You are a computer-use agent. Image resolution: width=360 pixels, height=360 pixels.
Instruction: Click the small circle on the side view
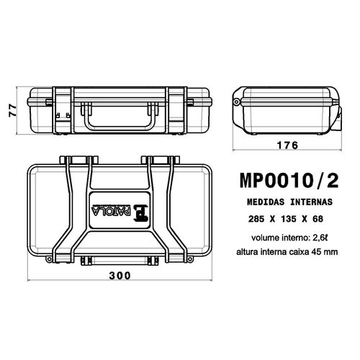(x=237, y=105)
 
